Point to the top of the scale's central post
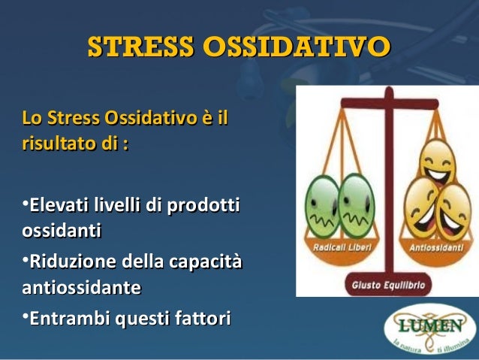(x=387, y=94)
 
